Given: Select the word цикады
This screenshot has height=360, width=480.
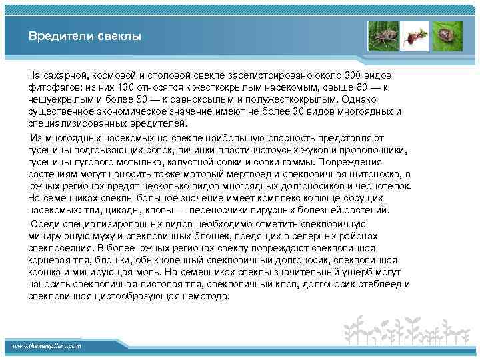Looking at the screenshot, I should pos(119,209).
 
